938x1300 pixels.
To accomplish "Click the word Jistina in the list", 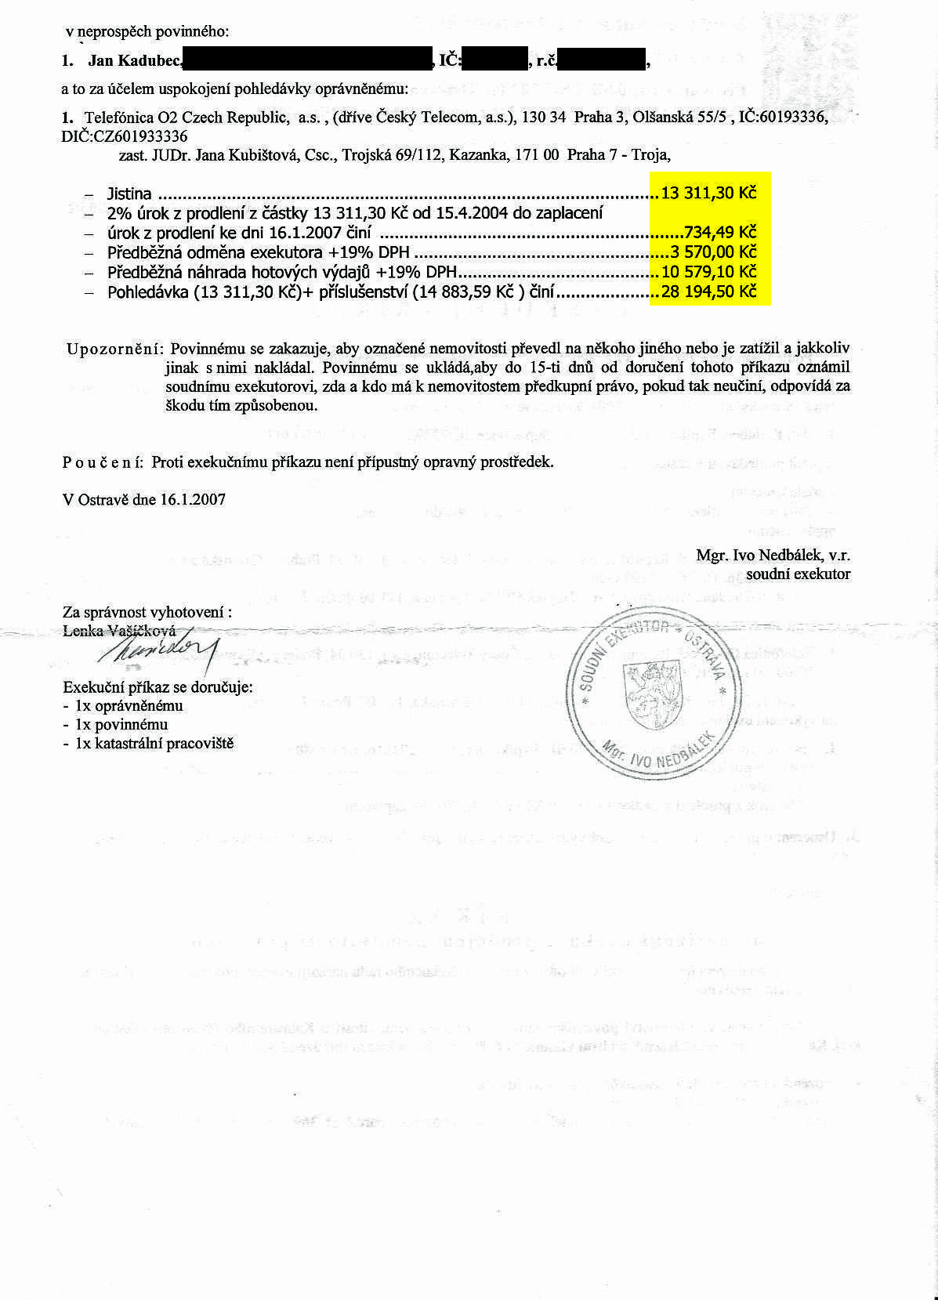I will pyautogui.click(x=129, y=194).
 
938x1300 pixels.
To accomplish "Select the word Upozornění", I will pyautogui.click(x=114, y=348).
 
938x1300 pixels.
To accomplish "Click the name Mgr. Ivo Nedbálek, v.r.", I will pyautogui.click(x=773, y=556).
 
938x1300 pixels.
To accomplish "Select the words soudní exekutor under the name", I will pyautogui.click(x=798, y=574).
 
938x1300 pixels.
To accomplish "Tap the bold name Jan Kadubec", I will pyautogui.click(x=135, y=60).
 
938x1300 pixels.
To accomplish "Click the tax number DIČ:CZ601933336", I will pyautogui.click(x=125, y=136).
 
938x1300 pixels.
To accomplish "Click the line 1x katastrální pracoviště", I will pyautogui.click(x=154, y=744).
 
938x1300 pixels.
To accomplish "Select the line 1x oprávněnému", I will pyautogui.click(x=129, y=706).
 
